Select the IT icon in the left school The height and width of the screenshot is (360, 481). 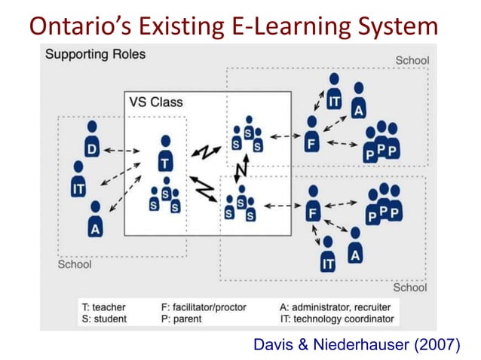pos(78,181)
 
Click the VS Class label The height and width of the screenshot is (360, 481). pos(156,102)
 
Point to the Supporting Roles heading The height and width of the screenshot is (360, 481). pos(96,55)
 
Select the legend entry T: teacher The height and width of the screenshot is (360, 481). pos(103,307)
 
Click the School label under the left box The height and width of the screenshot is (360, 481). pos(75,265)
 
